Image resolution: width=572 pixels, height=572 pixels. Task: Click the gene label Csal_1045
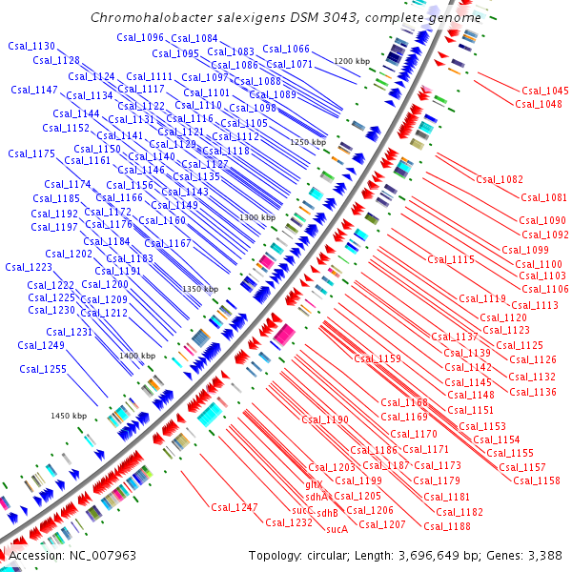[x=545, y=91]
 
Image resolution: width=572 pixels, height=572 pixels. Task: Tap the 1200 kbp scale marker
[x=351, y=61]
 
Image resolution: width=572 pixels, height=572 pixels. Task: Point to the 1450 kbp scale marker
[x=69, y=416]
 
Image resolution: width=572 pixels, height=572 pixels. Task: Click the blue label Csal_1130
[x=31, y=46]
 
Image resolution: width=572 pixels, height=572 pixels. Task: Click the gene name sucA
[x=336, y=528]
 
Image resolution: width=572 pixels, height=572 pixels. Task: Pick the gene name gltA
[x=314, y=484]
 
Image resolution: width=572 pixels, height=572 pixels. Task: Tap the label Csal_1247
[x=235, y=507]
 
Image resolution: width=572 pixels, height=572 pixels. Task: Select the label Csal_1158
[x=537, y=480]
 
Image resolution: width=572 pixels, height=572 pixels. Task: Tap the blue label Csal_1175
[x=31, y=153]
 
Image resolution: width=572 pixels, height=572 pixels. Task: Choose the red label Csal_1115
[x=451, y=259]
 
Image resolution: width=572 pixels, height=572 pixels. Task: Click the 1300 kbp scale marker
[x=257, y=218]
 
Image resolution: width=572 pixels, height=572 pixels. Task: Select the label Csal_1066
[x=286, y=49]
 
